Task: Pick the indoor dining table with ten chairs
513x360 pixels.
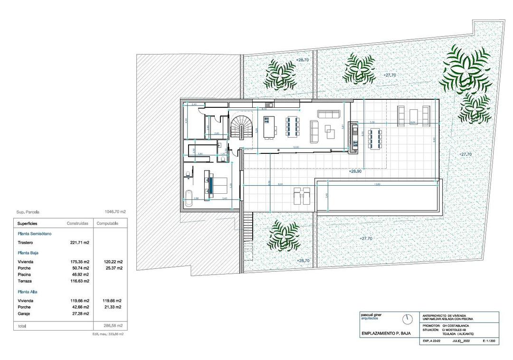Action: coord(292,127)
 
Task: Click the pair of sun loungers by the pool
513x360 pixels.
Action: coord(302,195)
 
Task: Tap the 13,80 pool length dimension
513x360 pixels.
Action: coord(377,184)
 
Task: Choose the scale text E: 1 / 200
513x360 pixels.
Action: coord(489,341)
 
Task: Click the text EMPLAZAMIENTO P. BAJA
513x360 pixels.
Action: coord(385,334)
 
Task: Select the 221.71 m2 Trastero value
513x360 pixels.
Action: coord(80,243)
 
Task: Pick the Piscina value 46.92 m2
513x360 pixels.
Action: coord(80,275)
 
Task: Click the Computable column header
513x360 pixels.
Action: coord(107,223)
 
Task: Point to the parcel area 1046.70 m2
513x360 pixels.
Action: coord(114,212)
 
